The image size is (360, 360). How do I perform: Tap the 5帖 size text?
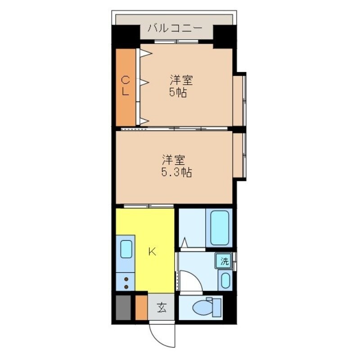[178, 94]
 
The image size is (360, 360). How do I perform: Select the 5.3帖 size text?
[177, 172]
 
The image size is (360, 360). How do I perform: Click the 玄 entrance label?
[162, 308]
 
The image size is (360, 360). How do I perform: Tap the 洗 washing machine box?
[224, 260]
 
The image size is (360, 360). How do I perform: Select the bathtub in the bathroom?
[219, 228]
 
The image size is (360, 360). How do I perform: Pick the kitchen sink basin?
[126, 248]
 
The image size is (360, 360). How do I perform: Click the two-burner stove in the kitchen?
[126, 283]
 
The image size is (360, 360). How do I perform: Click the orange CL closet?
[126, 87]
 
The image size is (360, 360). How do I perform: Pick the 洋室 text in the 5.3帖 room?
[174, 159]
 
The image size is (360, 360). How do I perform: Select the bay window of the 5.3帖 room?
[239, 156]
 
